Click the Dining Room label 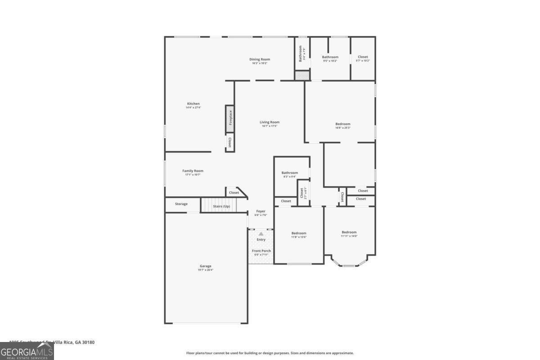point(260,59)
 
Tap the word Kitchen point(193,103)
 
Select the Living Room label point(269,122)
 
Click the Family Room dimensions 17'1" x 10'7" point(193,175)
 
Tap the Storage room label point(181,204)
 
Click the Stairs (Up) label point(221,206)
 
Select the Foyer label point(261,211)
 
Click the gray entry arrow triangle point(261,234)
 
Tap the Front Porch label point(261,251)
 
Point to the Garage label point(206,266)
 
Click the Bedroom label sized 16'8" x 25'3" point(342,124)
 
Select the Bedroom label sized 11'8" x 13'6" point(298,233)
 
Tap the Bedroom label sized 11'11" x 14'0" point(349,232)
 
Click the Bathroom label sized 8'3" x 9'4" point(289,172)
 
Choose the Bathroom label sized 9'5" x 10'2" point(330,57)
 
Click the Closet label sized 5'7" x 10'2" point(363,57)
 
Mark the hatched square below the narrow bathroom point(302,76)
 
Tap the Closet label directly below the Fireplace point(230,143)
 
